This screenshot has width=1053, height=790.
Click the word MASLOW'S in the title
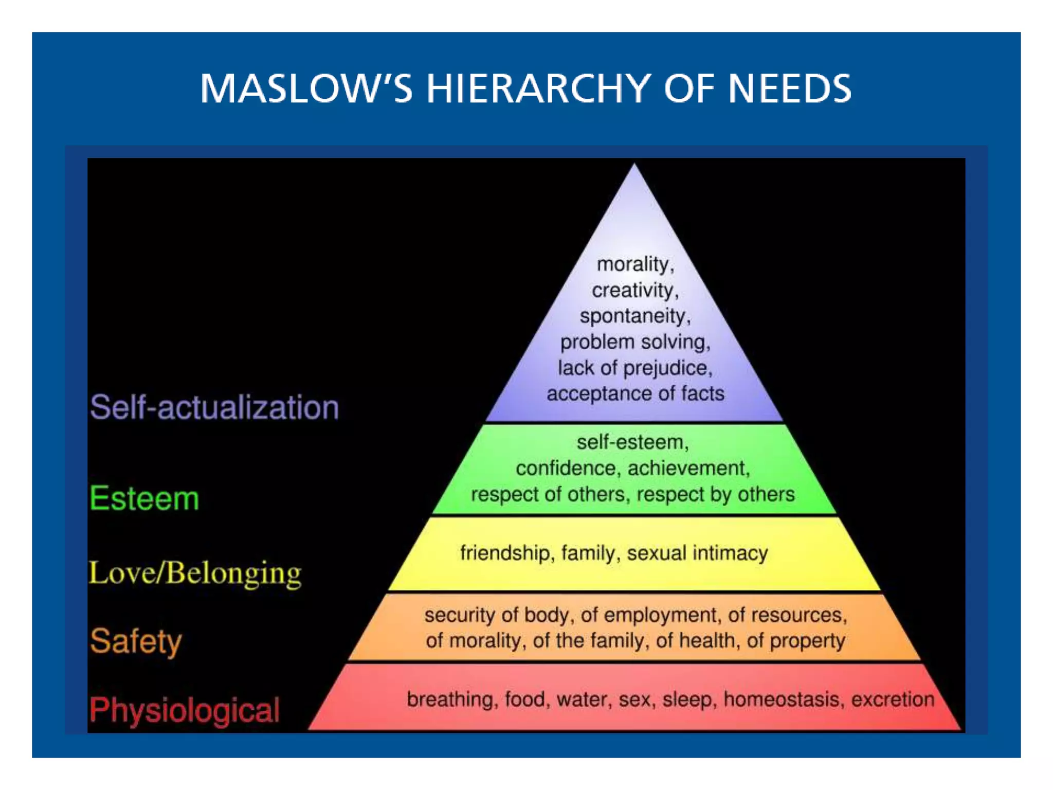pos(306,88)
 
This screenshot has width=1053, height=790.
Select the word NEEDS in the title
pos(790,88)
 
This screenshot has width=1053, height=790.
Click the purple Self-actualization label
pos(214,407)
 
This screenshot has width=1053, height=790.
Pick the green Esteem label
pos(144,498)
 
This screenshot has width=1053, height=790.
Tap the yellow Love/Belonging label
pos(195,573)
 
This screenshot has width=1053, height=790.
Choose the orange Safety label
pos(136,641)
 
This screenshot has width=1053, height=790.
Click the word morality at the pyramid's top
pos(633,264)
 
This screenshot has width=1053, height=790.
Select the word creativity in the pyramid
pos(632,291)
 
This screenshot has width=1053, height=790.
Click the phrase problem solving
pos(634,342)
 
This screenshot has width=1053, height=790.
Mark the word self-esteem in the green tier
pos(631,442)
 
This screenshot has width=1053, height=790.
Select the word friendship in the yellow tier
pos(504,553)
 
